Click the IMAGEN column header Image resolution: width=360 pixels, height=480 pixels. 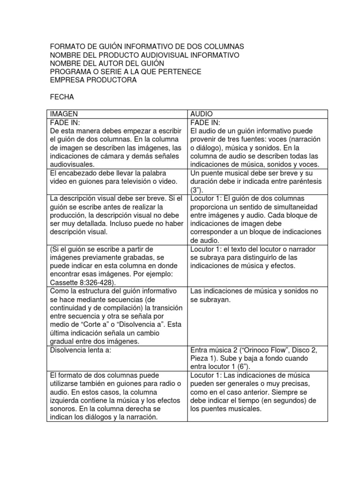64,114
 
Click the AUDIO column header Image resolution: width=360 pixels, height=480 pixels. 201,114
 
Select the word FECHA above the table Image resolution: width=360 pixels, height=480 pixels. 62,97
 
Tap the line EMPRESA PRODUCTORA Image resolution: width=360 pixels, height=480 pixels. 93,80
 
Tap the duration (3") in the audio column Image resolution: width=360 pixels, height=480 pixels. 196,190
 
